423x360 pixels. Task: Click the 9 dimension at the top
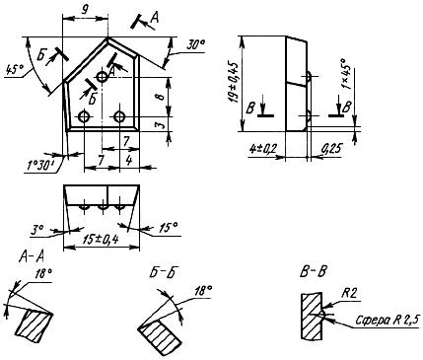85,10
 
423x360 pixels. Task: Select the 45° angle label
15,70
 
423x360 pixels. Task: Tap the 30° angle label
196,45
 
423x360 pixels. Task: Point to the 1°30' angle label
41,166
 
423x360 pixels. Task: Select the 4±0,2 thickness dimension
263,149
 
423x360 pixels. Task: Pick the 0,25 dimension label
331,149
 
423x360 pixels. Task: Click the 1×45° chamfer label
346,74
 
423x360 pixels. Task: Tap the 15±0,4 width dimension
101,241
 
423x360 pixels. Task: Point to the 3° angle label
37,229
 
